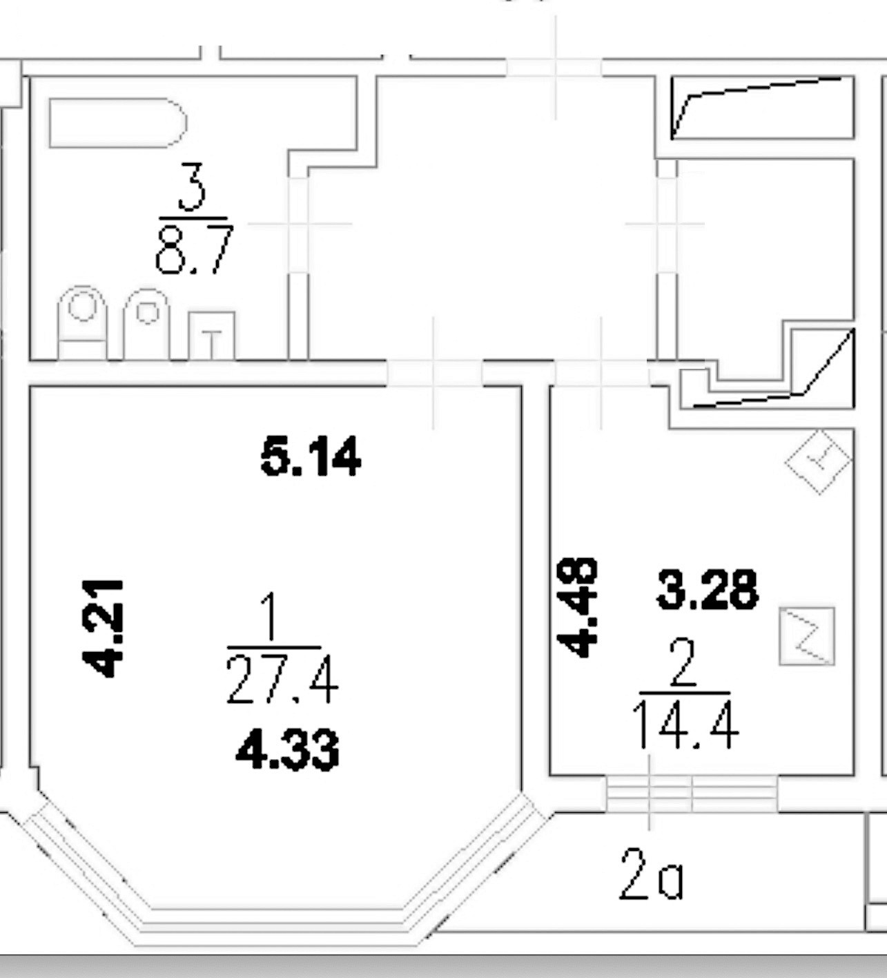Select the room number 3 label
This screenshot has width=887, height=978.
tap(192, 186)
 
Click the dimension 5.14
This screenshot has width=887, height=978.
tap(311, 457)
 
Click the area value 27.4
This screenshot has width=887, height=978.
tap(282, 680)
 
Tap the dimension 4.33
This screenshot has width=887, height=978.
tap(287, 750)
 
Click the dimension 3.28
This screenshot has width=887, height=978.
tap(707, 590)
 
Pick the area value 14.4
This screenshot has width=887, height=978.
tap(685, 725)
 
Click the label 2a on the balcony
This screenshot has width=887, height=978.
tap(651, 876)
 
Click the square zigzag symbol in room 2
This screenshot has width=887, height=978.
tap(807, 636)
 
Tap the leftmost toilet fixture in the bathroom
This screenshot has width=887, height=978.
tap(83, 322)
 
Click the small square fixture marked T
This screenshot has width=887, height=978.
tap(212, 336)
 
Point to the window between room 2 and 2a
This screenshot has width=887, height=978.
tap(692, 793)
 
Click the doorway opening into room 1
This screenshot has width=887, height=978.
tap(434, 374)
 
